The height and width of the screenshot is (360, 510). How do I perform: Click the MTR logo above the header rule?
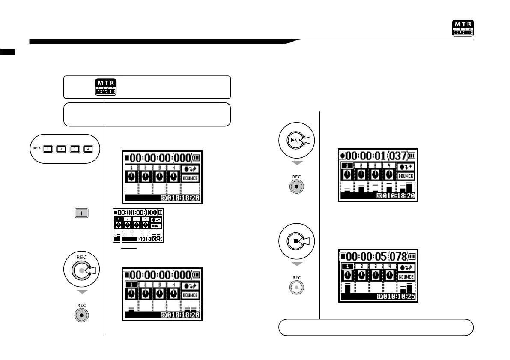[463, 28]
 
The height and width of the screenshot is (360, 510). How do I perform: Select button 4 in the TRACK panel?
[89, 149]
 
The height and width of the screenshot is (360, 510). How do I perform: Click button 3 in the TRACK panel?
[75, 149]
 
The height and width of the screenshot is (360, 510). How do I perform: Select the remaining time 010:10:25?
[399, 297]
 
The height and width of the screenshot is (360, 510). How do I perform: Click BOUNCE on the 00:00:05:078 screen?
[406, 277]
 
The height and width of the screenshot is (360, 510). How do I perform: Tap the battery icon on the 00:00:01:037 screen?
[412, 155]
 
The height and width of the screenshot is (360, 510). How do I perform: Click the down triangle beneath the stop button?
[297, 264]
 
